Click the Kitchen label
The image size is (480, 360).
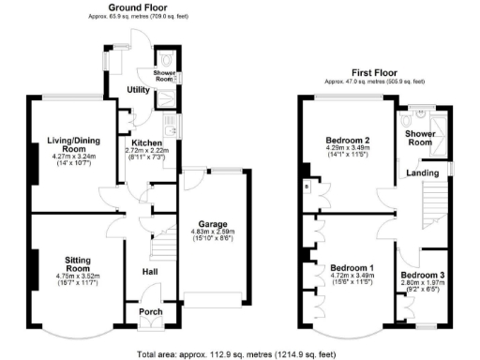[146, 142]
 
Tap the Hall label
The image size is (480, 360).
[149, 272]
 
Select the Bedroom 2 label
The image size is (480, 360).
[347, 141]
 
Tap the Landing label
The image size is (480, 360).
[419, 172]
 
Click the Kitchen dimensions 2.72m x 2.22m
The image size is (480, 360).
[147, 151]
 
